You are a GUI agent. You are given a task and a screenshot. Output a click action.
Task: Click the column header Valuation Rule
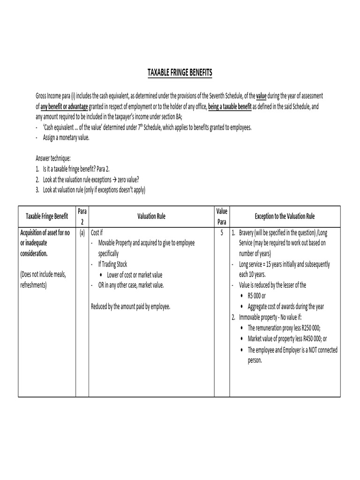coord(151,217)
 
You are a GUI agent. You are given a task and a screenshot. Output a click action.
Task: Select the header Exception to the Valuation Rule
coord(285,217)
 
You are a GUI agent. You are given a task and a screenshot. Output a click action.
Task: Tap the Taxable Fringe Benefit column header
coord(47,217)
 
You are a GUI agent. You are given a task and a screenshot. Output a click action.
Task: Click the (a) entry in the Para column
coord(82,232)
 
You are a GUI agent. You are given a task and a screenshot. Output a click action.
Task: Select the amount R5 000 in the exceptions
coord(257,296)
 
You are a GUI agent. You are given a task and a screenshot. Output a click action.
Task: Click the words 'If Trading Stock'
coord(112,264)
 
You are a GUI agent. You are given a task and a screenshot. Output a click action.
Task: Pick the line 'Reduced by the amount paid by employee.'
coord(131,307)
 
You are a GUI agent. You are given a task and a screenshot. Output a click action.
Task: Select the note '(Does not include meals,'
coord(43,275)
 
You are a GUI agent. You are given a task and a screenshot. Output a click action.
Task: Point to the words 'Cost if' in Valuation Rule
coord(97,232)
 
